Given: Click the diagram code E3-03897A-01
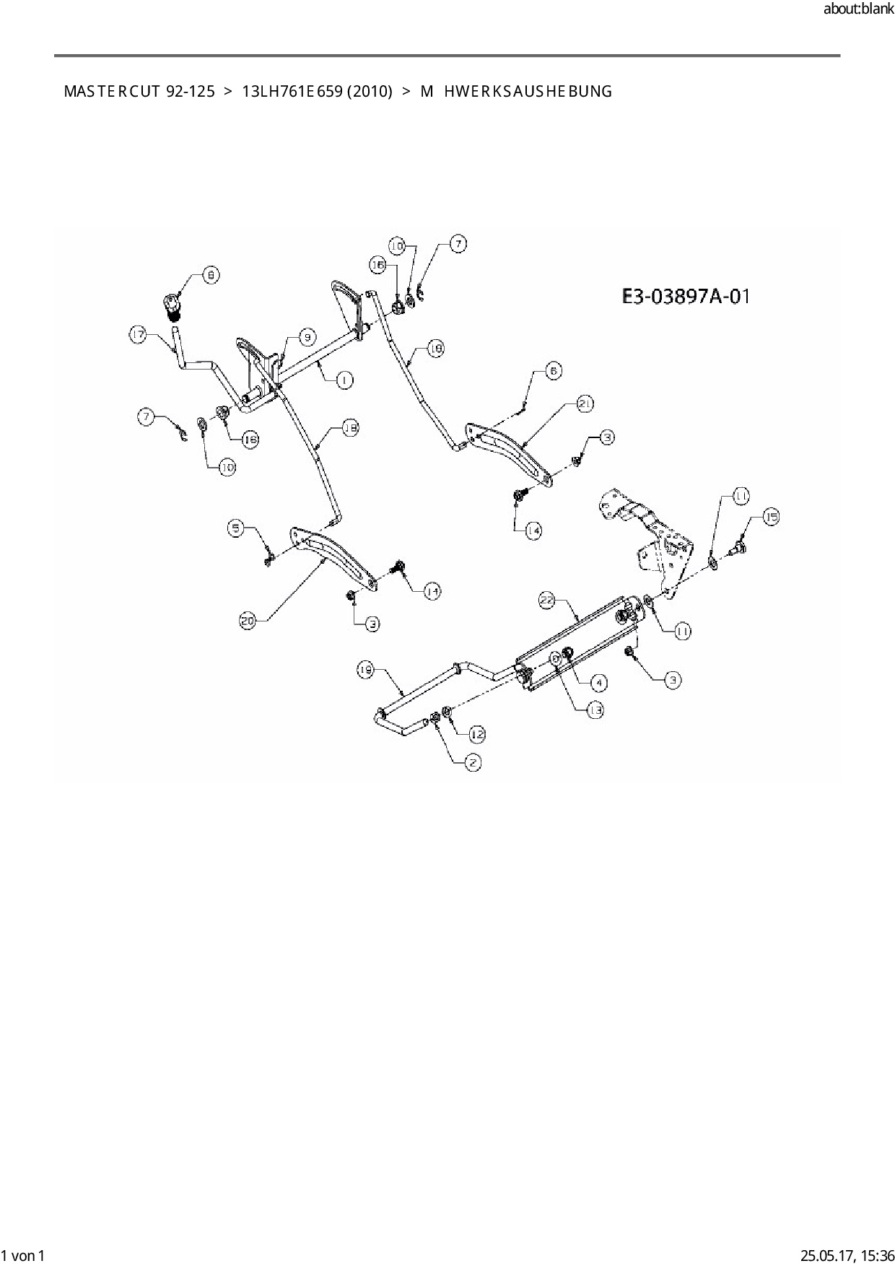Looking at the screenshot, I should (x=686, y=296).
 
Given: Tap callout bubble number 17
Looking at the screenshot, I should (x=139, y=334).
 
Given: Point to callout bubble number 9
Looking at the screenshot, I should (x=307, y=336).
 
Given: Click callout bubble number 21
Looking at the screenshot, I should (x=585, y=403).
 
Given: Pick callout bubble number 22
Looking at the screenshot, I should (x=547, y=598).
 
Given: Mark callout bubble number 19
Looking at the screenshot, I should (x=366, y=671).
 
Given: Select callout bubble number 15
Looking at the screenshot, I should (x=770, y=517).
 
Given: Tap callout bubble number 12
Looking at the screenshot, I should (x=477, y=735).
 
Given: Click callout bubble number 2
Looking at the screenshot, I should (x=473, y=761).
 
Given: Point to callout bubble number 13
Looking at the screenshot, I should (x=595, y=710).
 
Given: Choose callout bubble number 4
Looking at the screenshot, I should (x=598, y=681).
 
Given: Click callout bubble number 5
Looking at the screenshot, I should (x=237, y=528).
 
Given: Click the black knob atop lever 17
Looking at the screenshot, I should (x=173, y=307).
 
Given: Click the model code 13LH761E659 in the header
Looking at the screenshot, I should (x=292, y=92).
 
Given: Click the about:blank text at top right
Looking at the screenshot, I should (x=858, y=9).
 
